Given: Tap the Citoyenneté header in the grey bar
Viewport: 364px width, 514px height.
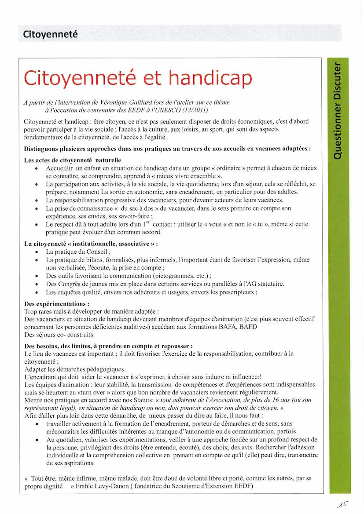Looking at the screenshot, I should click(x=50, y=34).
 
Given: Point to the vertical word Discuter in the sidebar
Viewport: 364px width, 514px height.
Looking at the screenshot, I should click(x=338, y=82).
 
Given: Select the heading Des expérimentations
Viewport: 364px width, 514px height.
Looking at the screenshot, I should click(x=56, y=304).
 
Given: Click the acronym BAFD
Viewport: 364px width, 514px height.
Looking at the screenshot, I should click(x=249, y=326).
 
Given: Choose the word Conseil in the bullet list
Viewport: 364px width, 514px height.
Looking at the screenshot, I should click(x=97, y=252).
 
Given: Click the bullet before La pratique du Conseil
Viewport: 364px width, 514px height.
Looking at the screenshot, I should click(x=36, y=252).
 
